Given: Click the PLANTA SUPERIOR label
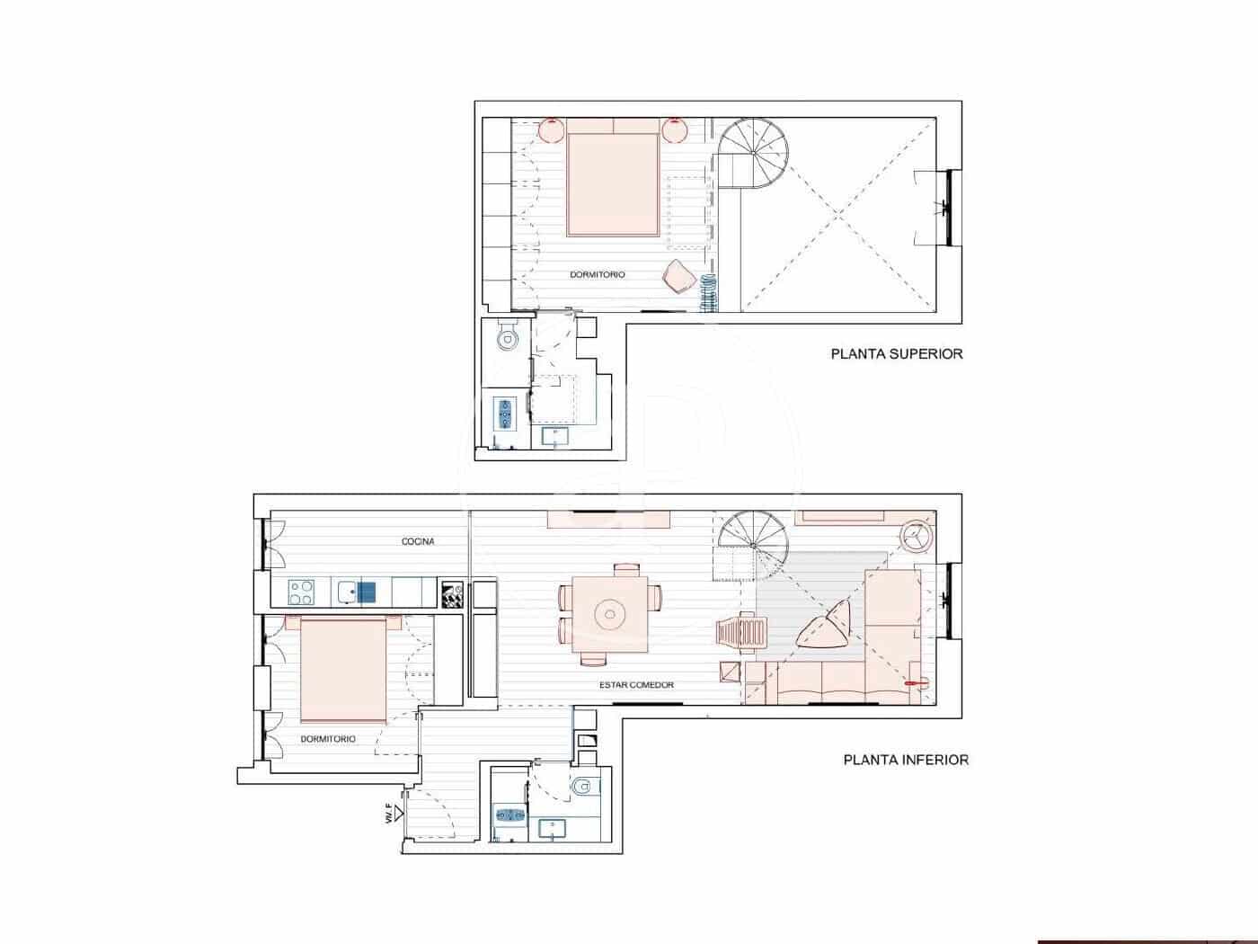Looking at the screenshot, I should point(896,354).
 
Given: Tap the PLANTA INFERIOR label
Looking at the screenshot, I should point(906,760).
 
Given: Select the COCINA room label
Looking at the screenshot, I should point(418,541).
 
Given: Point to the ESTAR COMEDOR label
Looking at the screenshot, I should point(636,685).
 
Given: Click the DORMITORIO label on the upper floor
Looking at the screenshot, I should point(598,274).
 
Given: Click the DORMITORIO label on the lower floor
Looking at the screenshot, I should point(328,739).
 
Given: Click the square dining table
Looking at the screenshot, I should point(610,615).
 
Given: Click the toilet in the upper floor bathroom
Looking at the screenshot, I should point(509,338).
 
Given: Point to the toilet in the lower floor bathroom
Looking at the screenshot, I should point(582,787).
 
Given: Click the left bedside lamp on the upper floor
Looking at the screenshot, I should point(551,131).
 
